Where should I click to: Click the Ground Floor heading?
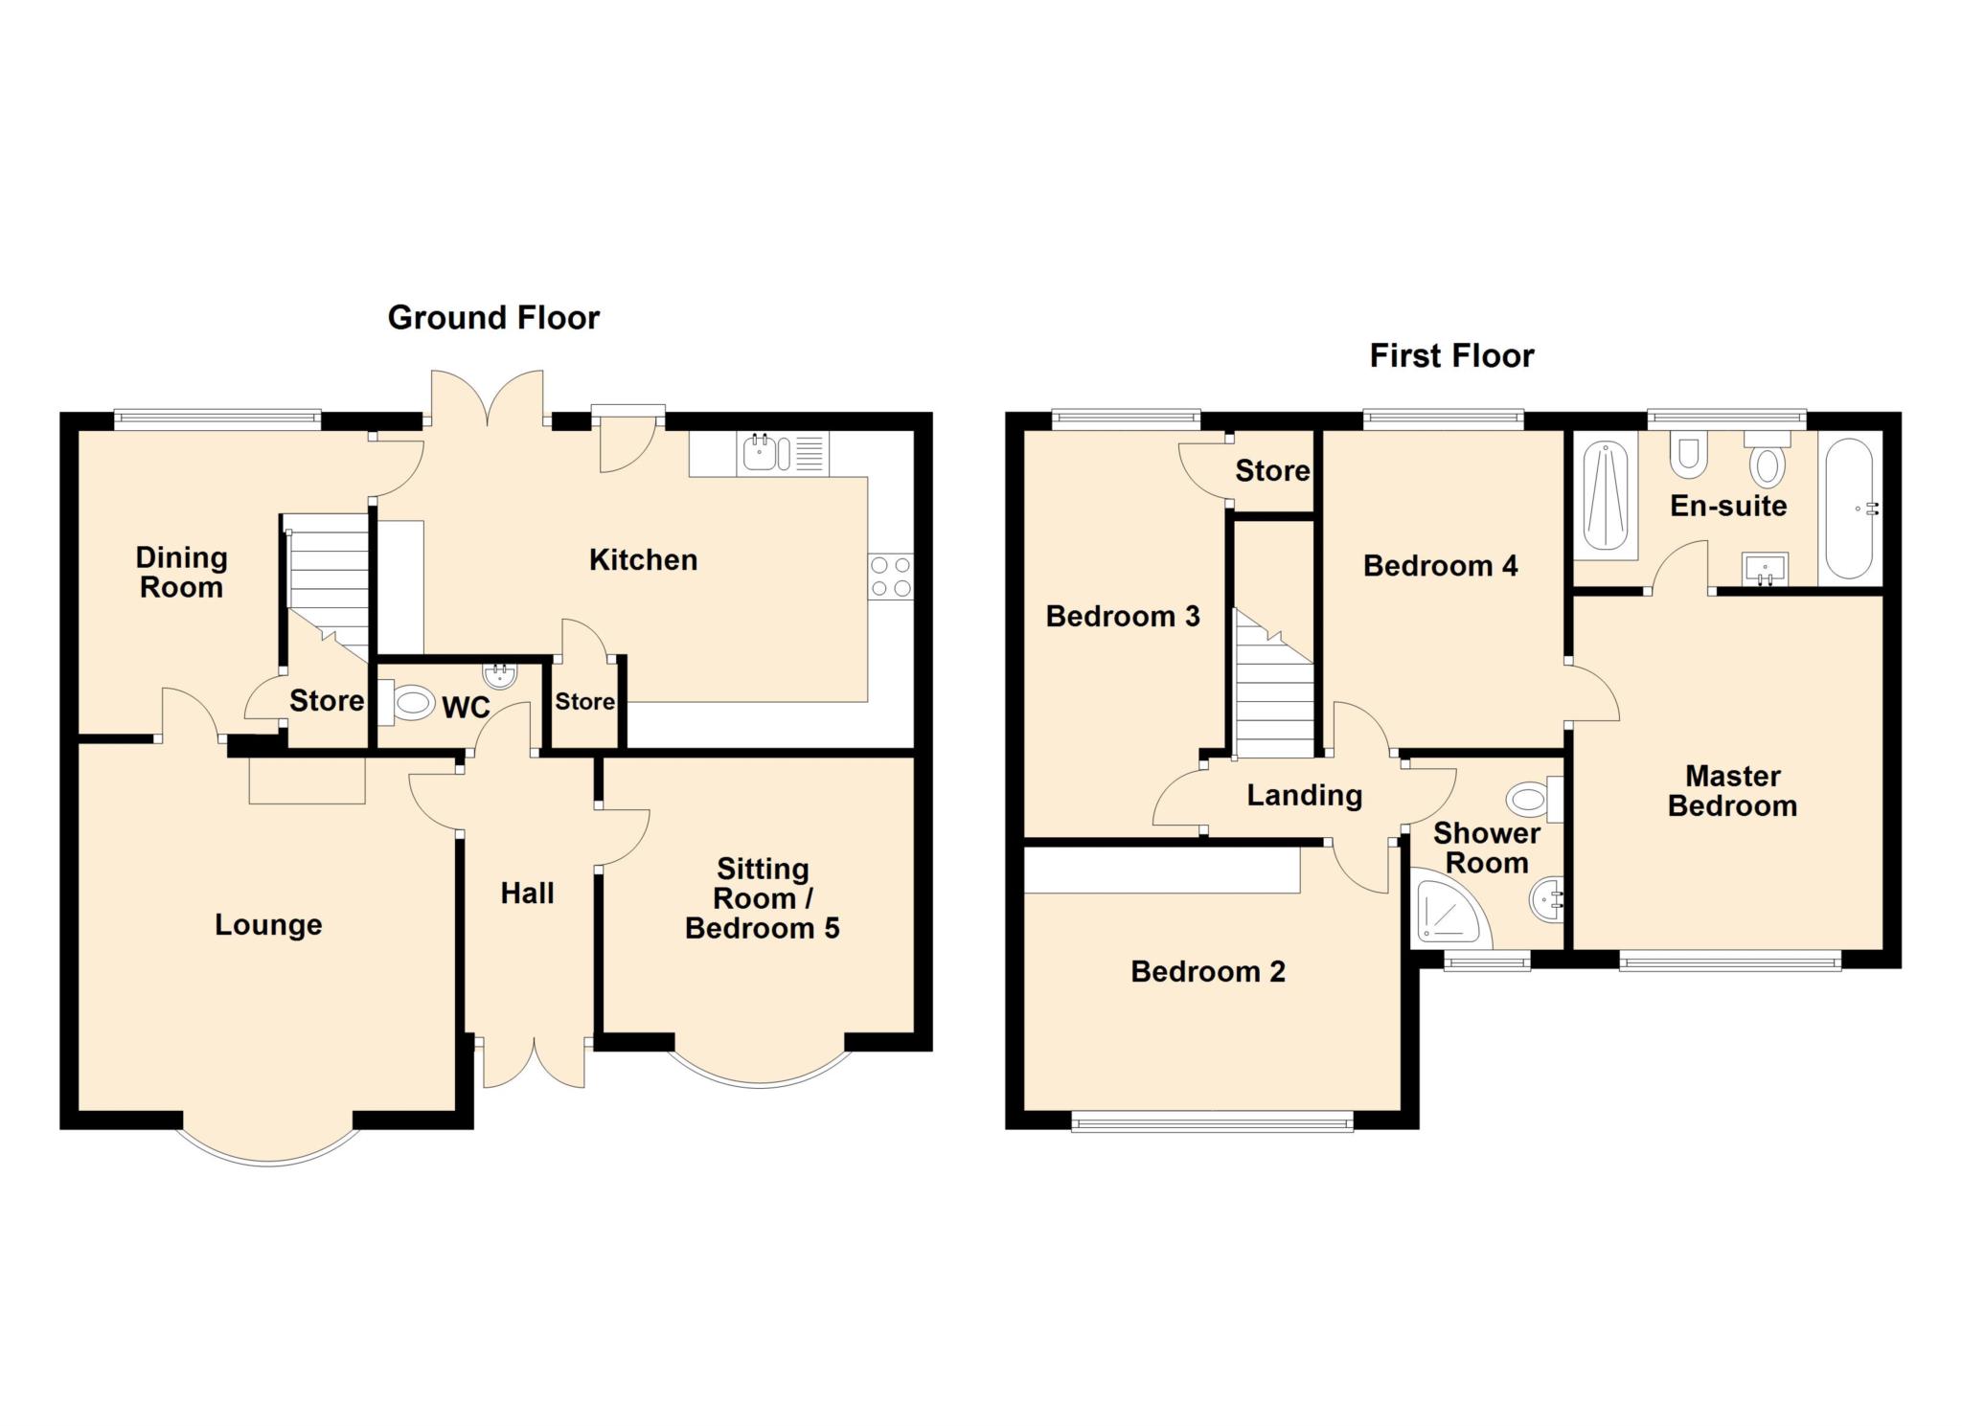[493, 317]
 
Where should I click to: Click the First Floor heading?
[1450, 355]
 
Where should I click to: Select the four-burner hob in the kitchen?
[891, 577]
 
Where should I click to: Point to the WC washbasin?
[500, 676]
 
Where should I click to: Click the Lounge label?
[268, 924]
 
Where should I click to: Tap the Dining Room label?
[181, 572]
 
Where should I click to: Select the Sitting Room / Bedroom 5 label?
[763, 898]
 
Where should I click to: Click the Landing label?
[1304, 795]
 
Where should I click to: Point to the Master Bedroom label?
[1732, 790]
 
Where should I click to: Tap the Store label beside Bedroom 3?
[1271, 470]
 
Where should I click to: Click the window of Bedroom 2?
[1212, 1121]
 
